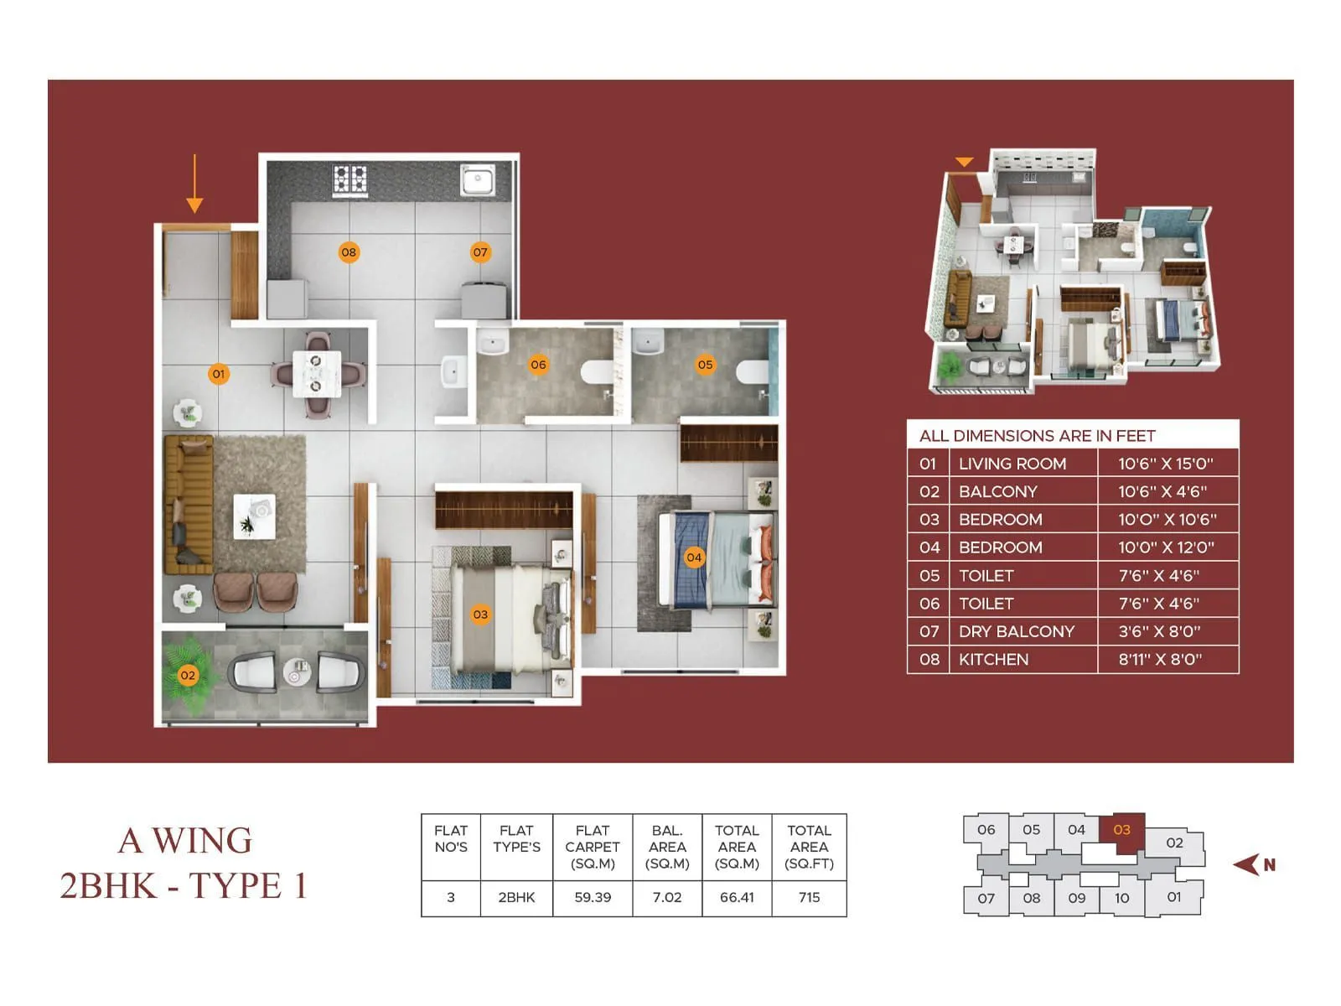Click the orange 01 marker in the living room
pos(218,374)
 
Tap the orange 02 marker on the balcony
pos(188,675)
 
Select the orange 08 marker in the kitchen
pos(349,252)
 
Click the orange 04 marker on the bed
pos(694,557)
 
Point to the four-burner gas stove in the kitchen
pos(350,179)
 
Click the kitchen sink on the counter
pos(478,179)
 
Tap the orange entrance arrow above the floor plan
pos(194,184)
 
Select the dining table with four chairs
pos(317,374)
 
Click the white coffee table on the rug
pos(254,516)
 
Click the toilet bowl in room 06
pos(598,371)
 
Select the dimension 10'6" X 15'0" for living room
pos(1165,464)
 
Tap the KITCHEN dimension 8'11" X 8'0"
pos(1160,659)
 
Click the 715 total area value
pos(809,897)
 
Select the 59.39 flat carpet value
pos(593,897)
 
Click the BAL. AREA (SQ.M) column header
pos(667,847)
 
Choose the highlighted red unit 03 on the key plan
pos(1121,831)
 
